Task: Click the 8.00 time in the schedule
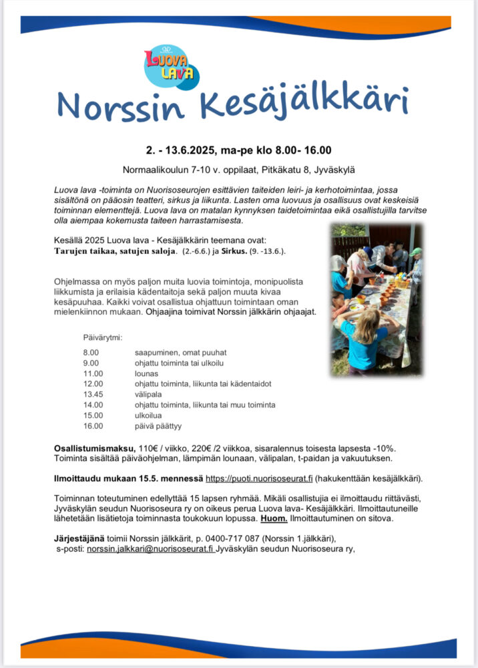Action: pos(91,352)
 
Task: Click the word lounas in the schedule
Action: pos(146,373)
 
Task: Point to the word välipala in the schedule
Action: pos(148,394)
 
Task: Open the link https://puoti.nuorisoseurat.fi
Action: pos(259,478)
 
